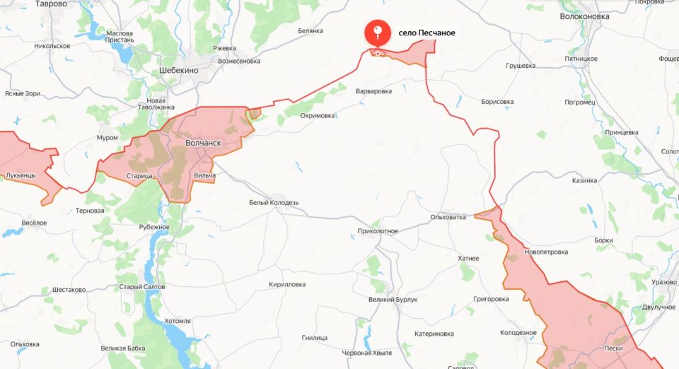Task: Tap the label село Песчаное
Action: click(426, 33)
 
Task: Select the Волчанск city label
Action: click(202, 143)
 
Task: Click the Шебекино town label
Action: click(179, 71)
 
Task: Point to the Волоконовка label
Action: click(584, 16)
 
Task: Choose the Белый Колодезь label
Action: click(274, 202)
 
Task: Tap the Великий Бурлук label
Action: click(393, 299)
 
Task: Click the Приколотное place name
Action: click(378, 230)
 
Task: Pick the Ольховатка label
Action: click(448, 217)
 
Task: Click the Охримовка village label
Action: click(317, 115)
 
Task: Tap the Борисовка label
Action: click(497, 102)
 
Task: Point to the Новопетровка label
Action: click(546, 252)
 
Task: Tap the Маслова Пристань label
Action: click(120, 37)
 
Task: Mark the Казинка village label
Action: click(584, 180)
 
